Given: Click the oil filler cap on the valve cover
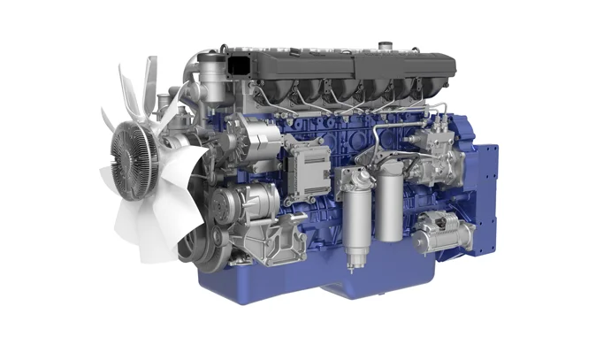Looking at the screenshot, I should click(x=385, y=45).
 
